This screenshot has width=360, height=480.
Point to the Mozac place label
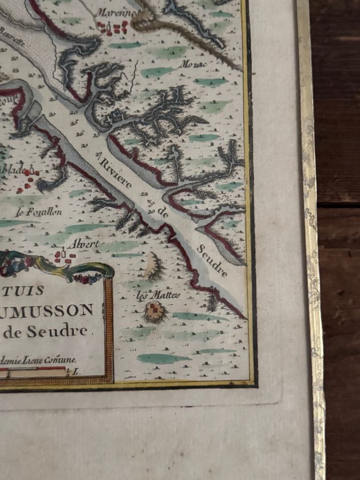point(192,64)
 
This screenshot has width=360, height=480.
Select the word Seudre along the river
point(212,262)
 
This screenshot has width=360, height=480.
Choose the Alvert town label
point(83,244)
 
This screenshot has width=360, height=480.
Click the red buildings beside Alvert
point(63,256)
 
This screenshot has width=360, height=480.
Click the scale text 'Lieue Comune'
point(50,359)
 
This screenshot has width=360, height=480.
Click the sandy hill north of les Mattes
point(154,266)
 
